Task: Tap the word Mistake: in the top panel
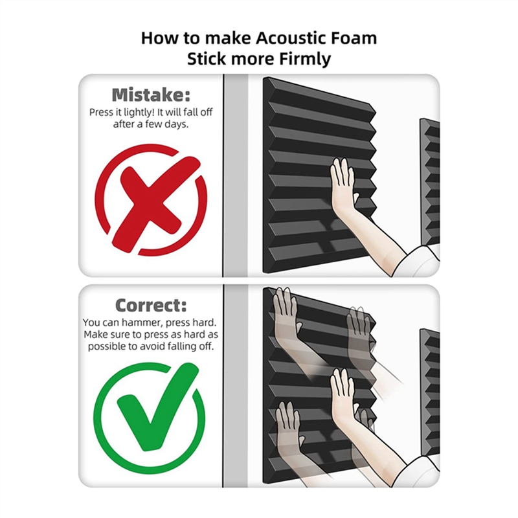(x=151, y=95)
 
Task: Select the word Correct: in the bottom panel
(x=151, y=305)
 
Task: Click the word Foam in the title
(x=355, y=38)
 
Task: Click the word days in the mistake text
(x=176, y=124)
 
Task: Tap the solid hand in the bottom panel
(x=343, y=395)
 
